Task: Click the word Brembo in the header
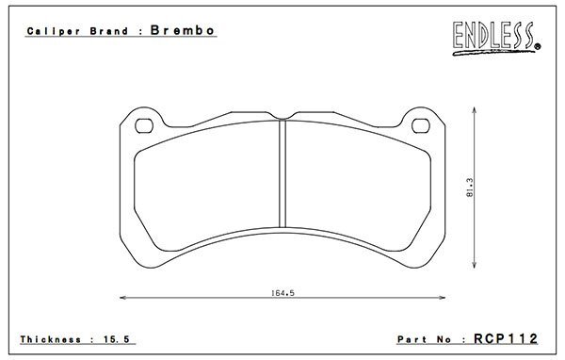click(183, 30)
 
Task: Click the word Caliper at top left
click(54, 31)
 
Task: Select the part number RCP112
click(506, 338)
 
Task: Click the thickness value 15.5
click(117, 339)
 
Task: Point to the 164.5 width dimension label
click(282, 293)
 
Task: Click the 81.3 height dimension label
click(470, 188)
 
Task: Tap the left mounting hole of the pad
click(144, 126)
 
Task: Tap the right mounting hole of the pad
click(421, 126)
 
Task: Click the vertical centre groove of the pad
click(282, 173)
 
